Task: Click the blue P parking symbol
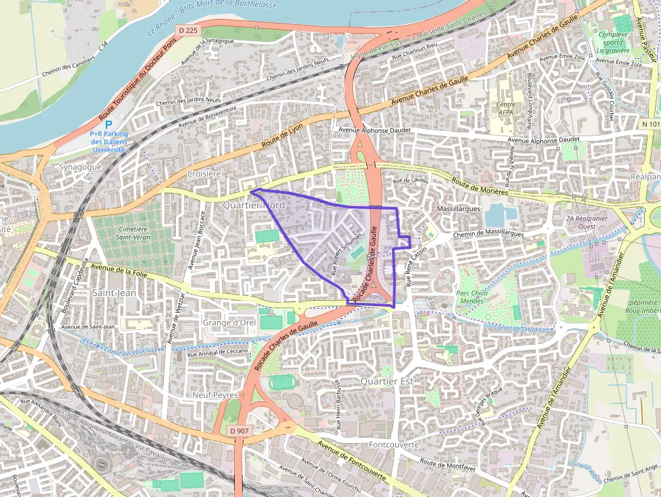pos(109,125)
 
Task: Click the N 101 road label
pos(650,124)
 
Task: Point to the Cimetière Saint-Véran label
pos(132,233)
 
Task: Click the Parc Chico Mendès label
pos(471,297)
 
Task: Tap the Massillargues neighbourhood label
pos(459,210)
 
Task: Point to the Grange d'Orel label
pos(229,323)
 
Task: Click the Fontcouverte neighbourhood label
pos(394,445)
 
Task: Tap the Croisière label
pos(204,173)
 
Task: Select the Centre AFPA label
pos(506,109)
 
